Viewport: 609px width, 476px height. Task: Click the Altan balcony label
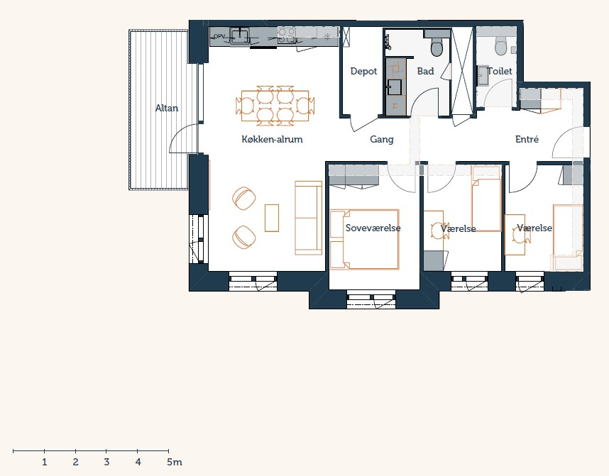[167, 108]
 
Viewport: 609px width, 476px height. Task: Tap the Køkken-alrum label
[272, 139]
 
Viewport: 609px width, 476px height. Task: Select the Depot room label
[363, 72]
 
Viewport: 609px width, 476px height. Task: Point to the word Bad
[425, 71]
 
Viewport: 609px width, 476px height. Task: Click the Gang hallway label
[382, 139]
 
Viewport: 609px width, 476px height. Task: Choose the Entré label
[527, 139]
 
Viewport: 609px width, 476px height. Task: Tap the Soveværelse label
[373, 228]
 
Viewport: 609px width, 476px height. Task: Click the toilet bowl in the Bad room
[437, 47]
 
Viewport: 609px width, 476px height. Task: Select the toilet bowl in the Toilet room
[501, 45]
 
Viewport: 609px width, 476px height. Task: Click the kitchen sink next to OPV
[240, 36]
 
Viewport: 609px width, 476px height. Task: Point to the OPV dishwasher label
[219, 36]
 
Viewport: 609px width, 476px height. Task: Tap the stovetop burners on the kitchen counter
[287, 36]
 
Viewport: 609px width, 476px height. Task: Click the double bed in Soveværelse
[364, 239]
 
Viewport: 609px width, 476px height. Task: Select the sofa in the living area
[308, 218]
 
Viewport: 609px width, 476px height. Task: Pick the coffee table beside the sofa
[272, 218]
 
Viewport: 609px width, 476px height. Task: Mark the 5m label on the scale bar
[175, 462]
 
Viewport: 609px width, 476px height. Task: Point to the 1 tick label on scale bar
[45, 462]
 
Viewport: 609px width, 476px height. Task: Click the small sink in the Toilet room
[483, 75]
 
